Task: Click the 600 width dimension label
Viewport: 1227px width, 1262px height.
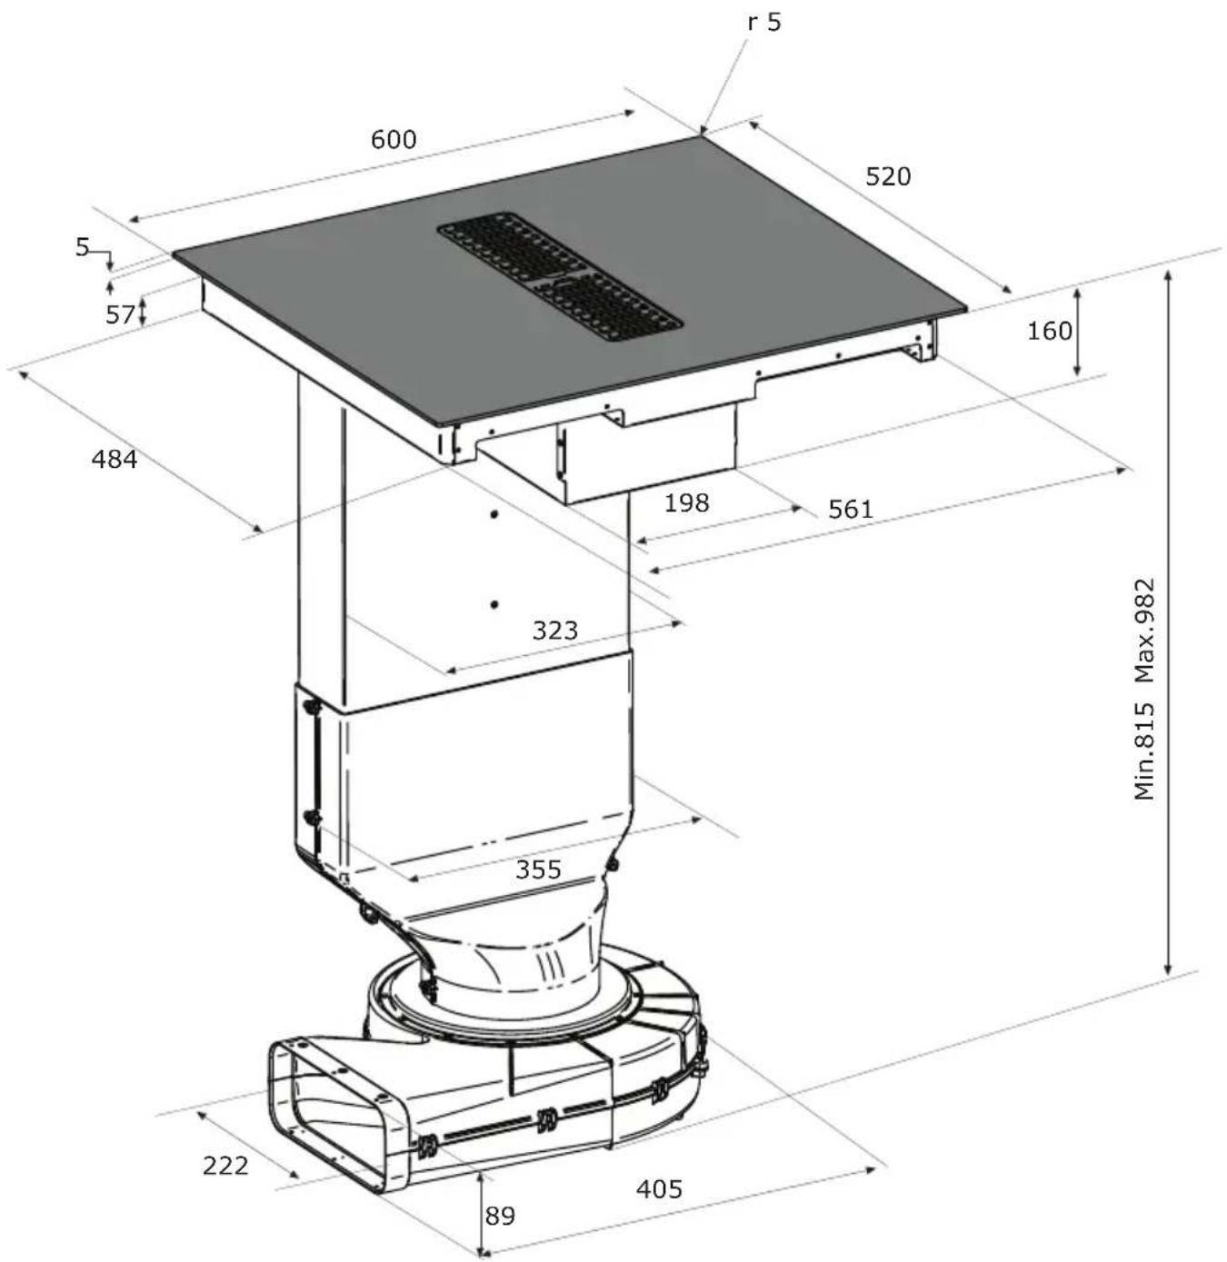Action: [x=394, y=139]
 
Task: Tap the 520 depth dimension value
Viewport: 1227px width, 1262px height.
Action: [x=888, y=176]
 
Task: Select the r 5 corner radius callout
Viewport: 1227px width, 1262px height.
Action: [x=764, y=22]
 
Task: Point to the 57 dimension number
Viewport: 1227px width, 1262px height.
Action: [x=120, y=314]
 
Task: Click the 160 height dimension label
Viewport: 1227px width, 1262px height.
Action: [x=1049, y=332]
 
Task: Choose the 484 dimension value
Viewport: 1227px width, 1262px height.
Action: [x=115, y=459]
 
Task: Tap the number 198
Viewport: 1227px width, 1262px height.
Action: [x=686, y=502]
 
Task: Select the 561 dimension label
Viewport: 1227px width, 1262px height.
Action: [x=851, y=509]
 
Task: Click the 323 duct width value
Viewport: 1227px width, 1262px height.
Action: [x=554, y=630]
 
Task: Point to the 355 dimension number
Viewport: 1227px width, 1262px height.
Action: [x=538, y=869]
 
